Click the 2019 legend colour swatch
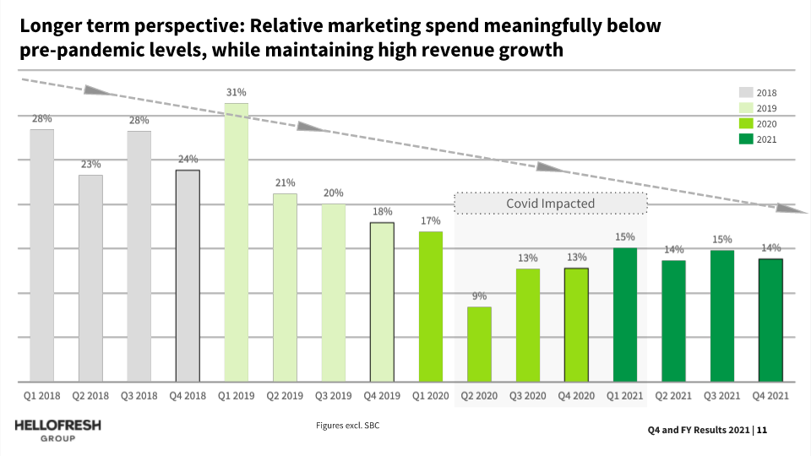click(x=746, y=108)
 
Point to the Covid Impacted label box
click(x=551, y=204)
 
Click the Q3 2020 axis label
click(x=527, y=394)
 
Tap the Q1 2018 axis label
click(x=41, y=394)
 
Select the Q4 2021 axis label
click(x=770, y=394)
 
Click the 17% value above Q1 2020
click(x=430, y=221)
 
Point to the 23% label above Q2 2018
click(x=91, y=165)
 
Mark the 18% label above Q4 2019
click(x=382, y=212)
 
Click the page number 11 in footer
click(x=762, y=431)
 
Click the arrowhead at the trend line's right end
click(x=786, y=208)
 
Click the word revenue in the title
click(x=450, y=50)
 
